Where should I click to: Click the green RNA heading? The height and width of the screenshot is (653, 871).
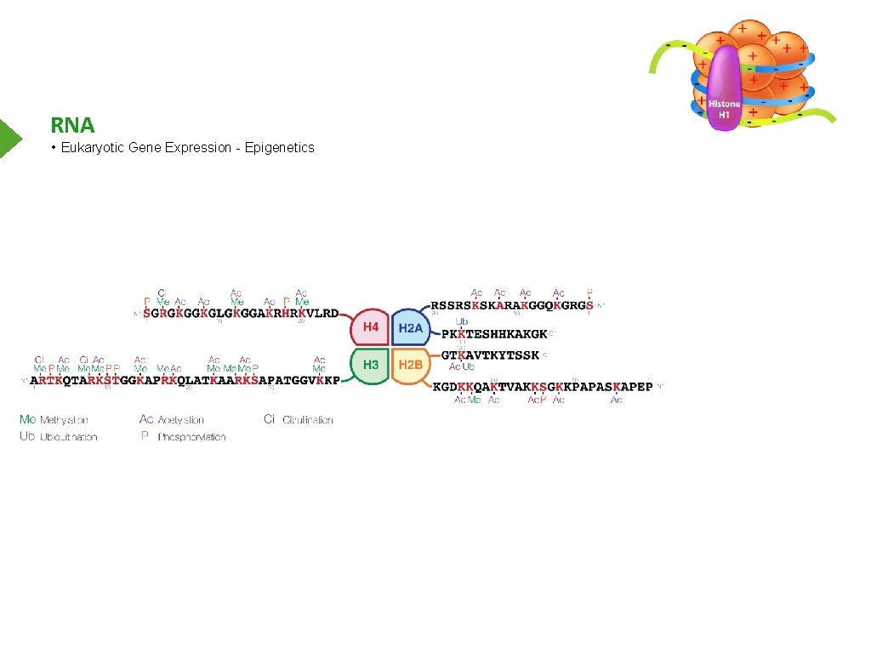(x=72, y=126)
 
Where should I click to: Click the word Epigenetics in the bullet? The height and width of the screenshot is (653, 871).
(x=279, y=148)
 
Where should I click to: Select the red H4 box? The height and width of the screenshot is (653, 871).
(x=371, y=326)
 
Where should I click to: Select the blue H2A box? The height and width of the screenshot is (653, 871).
(x=411, y=327)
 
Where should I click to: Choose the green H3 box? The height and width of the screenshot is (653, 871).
(x=371, y=365)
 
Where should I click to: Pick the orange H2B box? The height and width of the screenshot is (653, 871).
(x=411, y=365)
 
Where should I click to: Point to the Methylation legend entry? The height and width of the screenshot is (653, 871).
(x=54, y=420)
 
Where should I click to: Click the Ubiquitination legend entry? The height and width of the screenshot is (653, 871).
(x=59, y=437)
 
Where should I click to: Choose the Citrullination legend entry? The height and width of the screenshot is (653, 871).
(x=299, y=420)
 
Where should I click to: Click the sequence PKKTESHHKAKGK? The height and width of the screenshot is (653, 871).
(x=493, y=334)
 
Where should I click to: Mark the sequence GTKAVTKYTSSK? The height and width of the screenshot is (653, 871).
(x=490, y=355)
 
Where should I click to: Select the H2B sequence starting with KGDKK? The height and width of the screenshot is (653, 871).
(x=543, y=387)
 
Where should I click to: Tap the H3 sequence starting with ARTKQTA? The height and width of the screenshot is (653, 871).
(x=185, y=380)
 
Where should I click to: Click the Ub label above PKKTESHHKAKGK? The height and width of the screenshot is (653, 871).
(x=461, y=321)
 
